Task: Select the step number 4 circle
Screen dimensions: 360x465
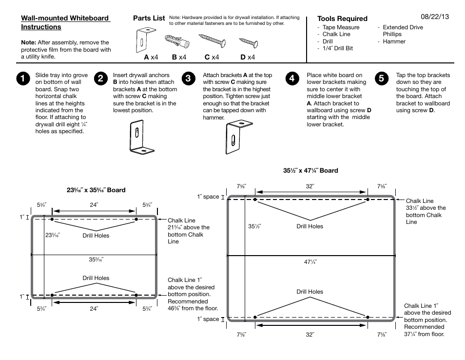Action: click(291, 79)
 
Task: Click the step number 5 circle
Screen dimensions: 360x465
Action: click(382, 79)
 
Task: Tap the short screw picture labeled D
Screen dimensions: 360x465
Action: click(248, 42)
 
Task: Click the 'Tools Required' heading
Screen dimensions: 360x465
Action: click(342, 19)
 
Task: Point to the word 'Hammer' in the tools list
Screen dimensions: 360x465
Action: click(394, 41)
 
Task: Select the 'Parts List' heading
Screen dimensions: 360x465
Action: click(149, 18)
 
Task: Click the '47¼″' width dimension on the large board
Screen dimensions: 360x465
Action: click(310, 262)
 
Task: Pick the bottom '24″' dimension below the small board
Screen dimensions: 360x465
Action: click(94, 308)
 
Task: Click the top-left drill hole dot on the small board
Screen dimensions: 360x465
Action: click(53, 220)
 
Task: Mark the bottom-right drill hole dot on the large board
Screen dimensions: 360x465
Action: click(367, 317)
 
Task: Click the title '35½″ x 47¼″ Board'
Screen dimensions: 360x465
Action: click(310, 171)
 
